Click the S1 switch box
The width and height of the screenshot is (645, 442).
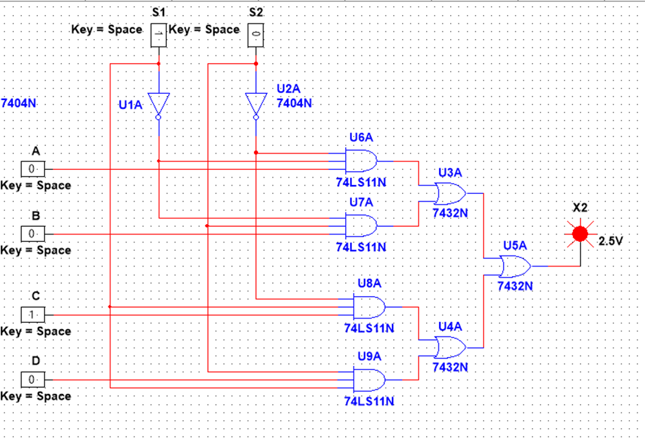coord(159,33)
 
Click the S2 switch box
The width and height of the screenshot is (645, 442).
coord(256,33)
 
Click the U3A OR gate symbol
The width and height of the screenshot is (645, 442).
coord(450,193)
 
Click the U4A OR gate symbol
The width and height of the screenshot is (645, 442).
coord(450,348)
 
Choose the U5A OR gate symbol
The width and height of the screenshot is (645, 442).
coord(515,265)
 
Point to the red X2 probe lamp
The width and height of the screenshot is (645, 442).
coord(580,234)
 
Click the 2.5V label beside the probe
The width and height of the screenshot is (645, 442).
coord(610,241)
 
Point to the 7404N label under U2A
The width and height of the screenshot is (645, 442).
coord(294,103)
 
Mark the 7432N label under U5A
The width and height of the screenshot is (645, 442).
coord(515,285)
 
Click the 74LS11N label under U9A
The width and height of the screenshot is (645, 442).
coord(369,401)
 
